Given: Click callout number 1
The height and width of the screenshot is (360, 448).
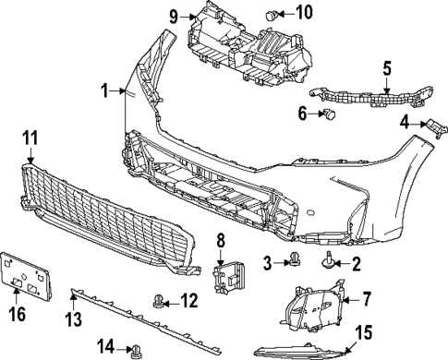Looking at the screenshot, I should tap(106, 90).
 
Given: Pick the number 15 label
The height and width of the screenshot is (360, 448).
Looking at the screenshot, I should tap(363, 330).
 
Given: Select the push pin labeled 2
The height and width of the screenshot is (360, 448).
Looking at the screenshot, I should tap(331, 263).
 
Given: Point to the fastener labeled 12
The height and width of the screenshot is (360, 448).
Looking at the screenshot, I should tap(161, 299).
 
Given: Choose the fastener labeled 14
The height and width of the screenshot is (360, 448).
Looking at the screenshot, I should tap(138, 347).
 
